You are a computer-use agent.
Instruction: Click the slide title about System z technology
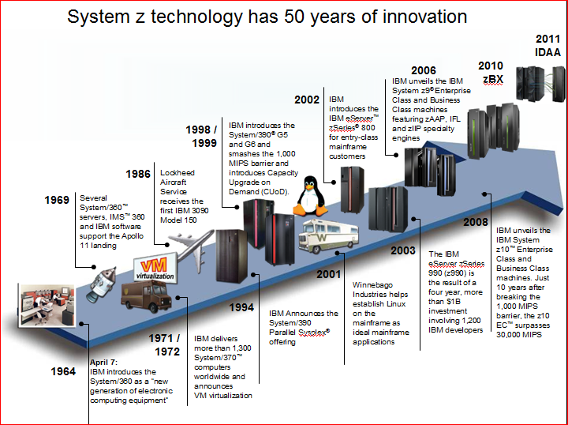pos(267,16)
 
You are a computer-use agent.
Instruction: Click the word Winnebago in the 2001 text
pos(370,285)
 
